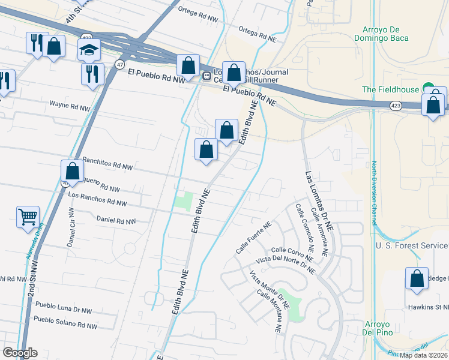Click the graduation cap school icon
89,50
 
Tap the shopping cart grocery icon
28,217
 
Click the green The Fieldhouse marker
427,88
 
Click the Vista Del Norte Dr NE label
285,265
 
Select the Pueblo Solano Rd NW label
65,323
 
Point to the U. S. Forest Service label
412,246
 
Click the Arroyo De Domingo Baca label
385,34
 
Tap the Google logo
20,353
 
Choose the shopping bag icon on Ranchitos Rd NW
73,170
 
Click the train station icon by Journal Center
206,76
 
